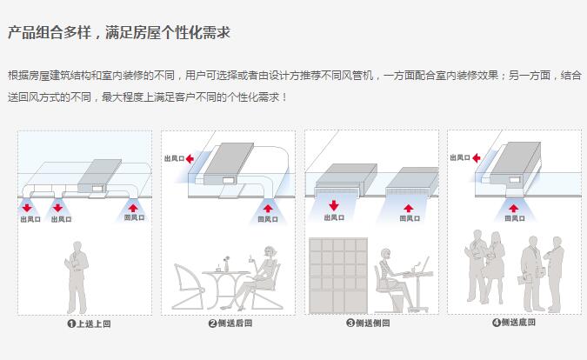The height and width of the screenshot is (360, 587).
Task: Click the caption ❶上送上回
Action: click(89, 324)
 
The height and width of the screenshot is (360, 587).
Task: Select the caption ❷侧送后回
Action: click(230, 324)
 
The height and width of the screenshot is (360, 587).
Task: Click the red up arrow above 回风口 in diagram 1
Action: click(133, 207)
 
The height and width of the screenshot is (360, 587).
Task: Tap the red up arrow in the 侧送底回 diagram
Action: click(514, 207)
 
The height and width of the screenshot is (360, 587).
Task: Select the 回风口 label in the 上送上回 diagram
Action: click(133, 218)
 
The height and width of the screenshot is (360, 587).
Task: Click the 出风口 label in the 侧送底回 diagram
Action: click(462, 158)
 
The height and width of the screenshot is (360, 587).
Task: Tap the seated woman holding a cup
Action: click(265, 277)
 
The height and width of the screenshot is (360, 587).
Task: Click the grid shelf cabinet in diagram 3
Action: click(335, 276)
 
